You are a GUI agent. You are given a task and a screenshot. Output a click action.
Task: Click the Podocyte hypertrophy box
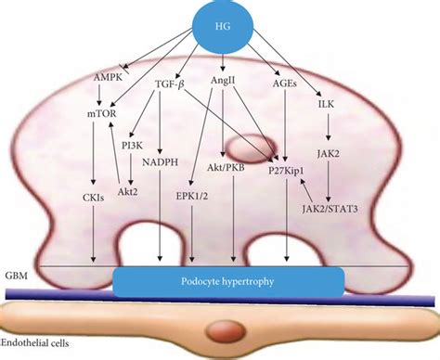pyautogui.click(x=227, y=278)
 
